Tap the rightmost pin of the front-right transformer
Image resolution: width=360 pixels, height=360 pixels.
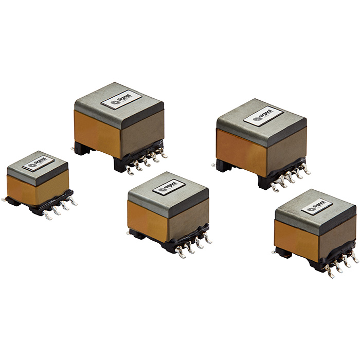[355, 258]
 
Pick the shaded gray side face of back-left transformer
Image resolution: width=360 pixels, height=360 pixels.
[143, 132]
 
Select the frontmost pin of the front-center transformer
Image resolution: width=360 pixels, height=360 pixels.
[181, 254]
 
